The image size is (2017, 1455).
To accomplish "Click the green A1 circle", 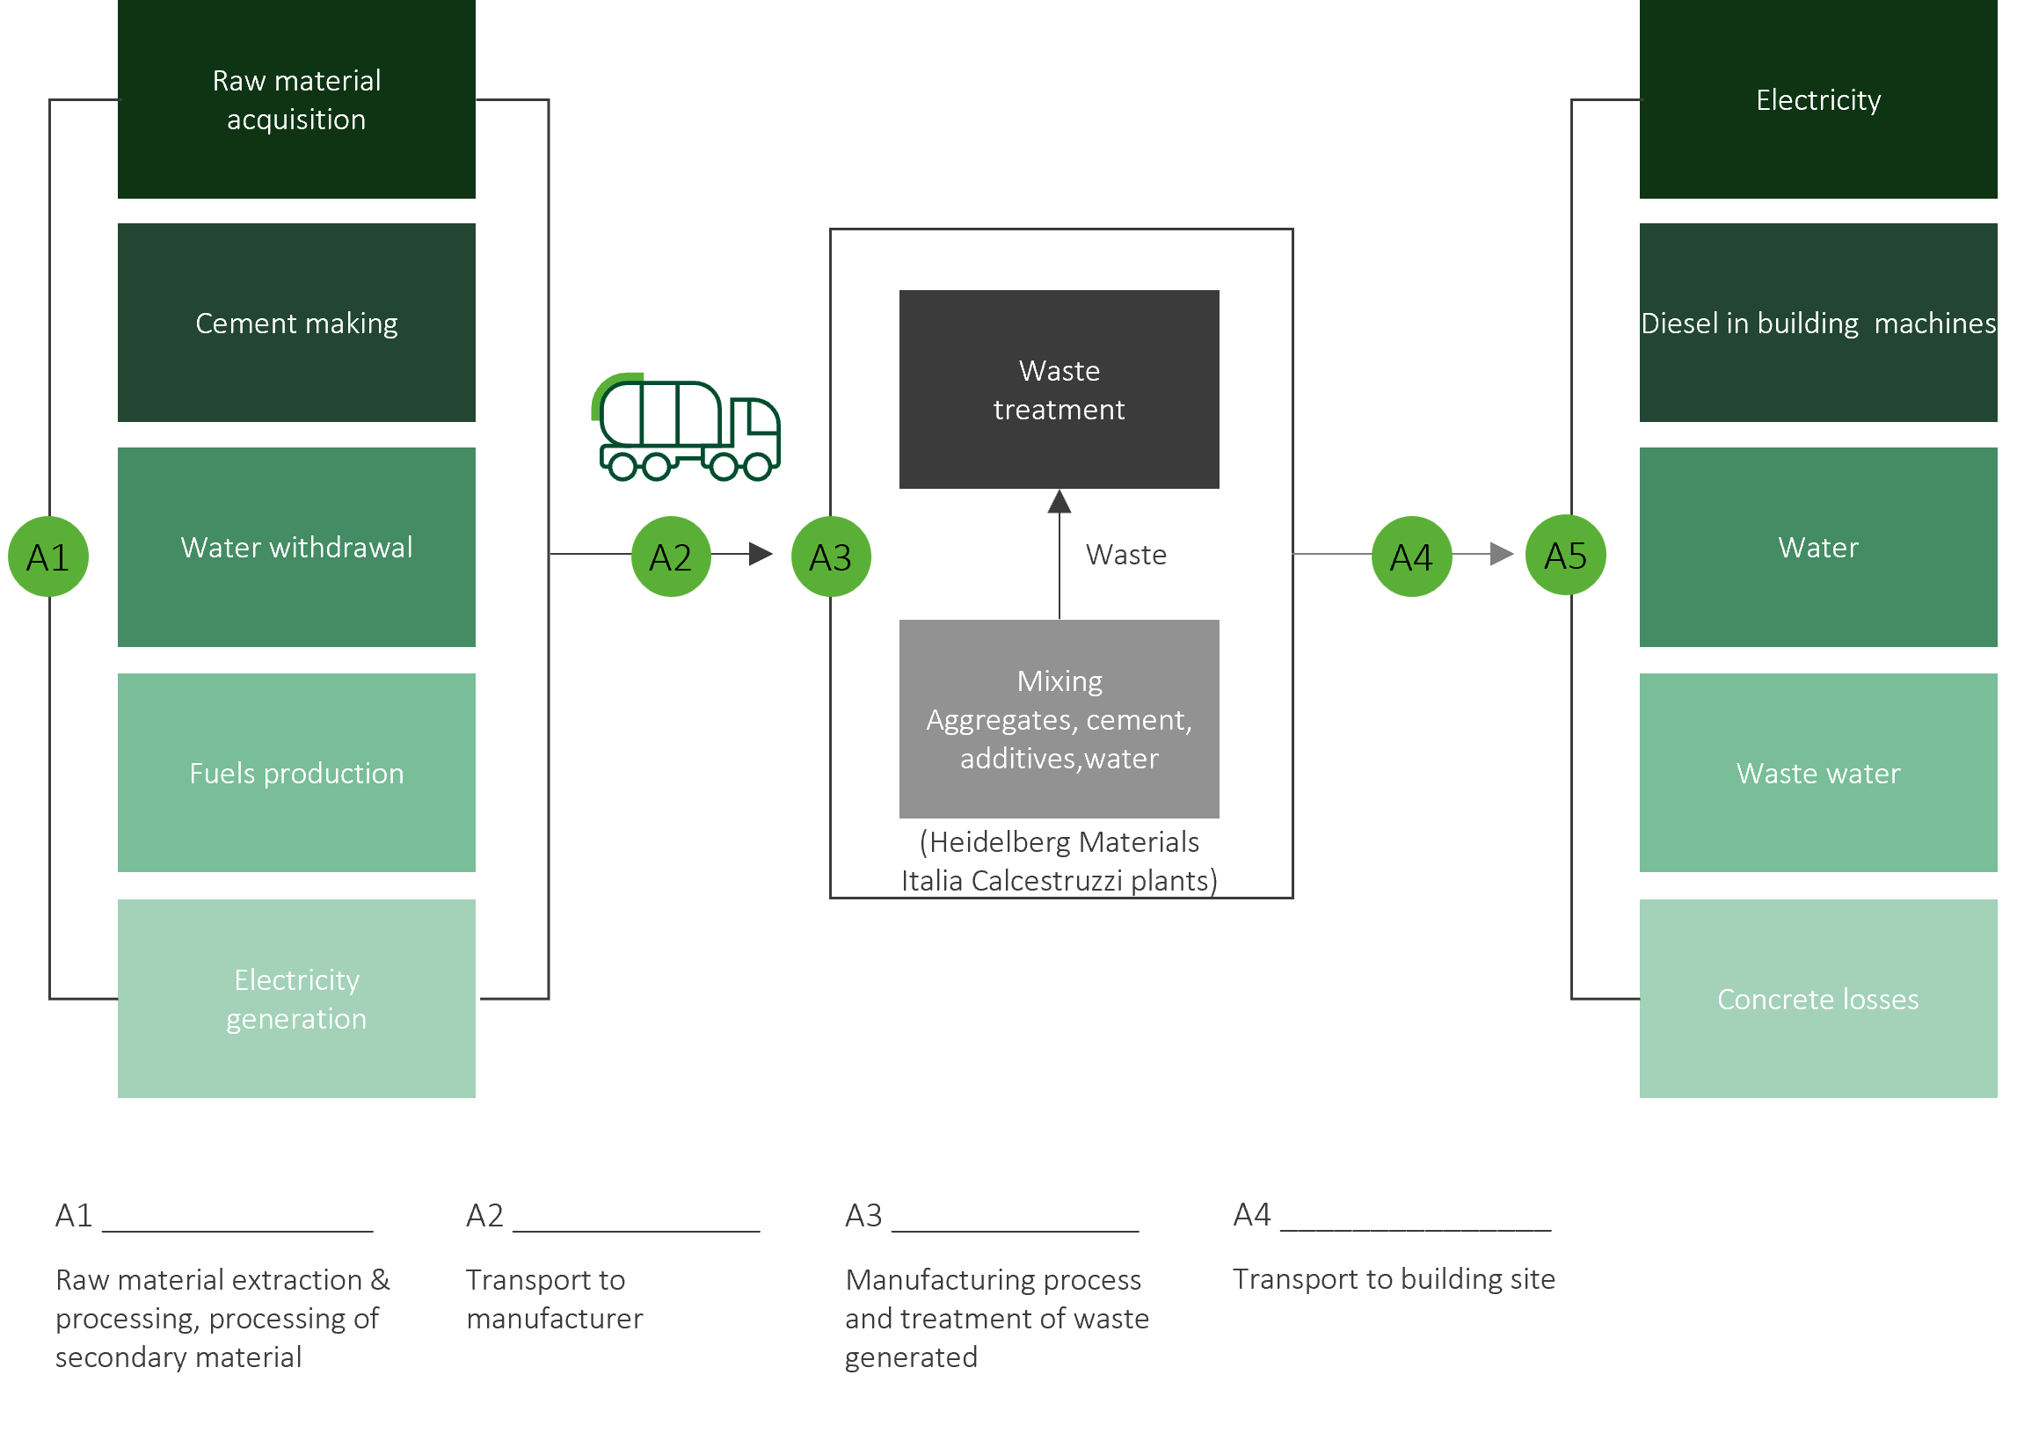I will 48,557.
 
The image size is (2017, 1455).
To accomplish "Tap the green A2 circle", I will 671,557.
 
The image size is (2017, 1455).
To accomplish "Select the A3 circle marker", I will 831,557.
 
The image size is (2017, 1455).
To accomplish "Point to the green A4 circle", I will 1411,557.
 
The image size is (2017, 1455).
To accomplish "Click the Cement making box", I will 296,323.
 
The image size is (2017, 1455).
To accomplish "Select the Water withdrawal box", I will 296,547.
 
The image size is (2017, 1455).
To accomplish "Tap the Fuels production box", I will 296,773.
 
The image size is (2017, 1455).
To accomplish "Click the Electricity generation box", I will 296,999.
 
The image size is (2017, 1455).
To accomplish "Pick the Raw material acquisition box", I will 296,98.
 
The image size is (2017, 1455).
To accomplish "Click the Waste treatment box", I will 1059,389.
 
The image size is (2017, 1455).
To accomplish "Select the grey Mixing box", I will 1059,718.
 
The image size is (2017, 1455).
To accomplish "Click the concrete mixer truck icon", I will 686,428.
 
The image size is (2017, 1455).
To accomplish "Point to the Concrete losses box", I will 1817,999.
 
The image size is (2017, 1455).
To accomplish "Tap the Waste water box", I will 1817,773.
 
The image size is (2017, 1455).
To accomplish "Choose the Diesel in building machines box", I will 1817,323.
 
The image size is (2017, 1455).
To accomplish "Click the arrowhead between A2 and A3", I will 761,554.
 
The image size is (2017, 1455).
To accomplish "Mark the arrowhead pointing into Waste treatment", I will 1059,502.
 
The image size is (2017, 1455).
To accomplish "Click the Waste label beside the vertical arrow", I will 1126,555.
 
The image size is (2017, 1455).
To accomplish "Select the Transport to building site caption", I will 1394,1278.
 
